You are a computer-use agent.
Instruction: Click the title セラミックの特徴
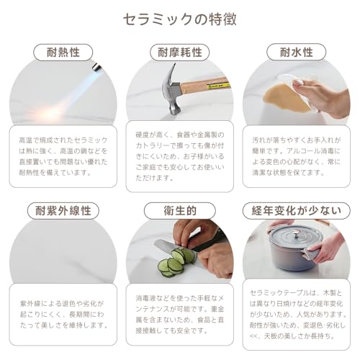[179, 17]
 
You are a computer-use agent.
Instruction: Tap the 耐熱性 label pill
[63, 52]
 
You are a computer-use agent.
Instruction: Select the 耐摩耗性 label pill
[179, 52]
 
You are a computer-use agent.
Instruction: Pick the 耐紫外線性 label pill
[63, 211]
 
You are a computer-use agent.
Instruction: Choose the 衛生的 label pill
[179, 211]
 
